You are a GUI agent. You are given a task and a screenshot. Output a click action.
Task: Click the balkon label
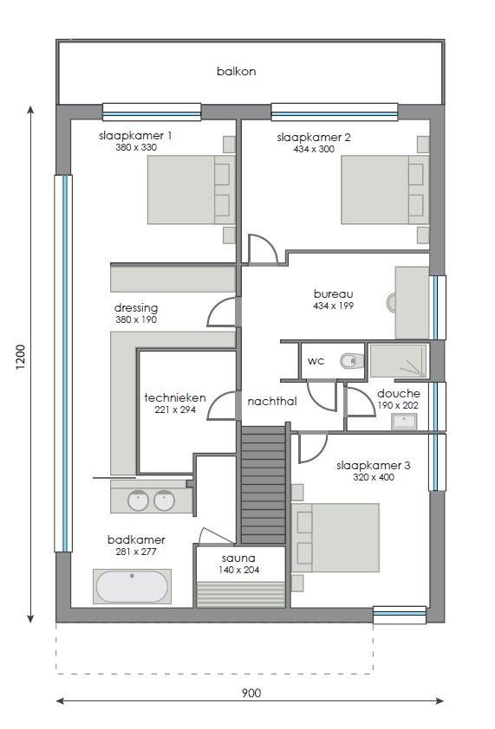(236, 71)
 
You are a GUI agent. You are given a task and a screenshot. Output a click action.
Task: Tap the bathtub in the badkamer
(132, 586)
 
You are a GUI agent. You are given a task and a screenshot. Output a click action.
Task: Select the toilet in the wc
(349, 361)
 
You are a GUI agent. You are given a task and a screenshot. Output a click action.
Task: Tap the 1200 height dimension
(20, 358)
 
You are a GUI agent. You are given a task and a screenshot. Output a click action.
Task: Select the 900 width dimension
(250, 693)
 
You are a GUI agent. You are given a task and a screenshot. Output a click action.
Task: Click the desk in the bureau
(412, 302)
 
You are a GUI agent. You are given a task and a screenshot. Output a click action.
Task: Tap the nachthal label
(272, 402)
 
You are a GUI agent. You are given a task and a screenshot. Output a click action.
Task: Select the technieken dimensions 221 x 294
(174, 410)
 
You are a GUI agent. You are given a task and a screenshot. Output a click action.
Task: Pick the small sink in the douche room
(403, 422)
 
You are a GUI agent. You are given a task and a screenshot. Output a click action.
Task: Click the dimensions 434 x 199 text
(334, 306)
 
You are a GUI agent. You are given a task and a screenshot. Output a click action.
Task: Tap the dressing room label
(136, 307)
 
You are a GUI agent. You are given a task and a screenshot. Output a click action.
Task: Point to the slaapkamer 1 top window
(152, 112)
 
